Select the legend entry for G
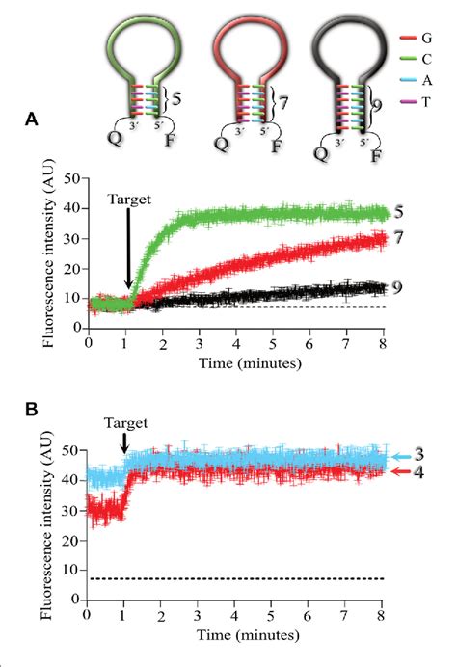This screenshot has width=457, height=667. (x=422, y=38)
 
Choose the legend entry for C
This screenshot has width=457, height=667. (x=422, y=63)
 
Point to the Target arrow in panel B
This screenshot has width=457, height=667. (x=125, y=444)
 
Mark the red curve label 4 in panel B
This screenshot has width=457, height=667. (x=418, y=472)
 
